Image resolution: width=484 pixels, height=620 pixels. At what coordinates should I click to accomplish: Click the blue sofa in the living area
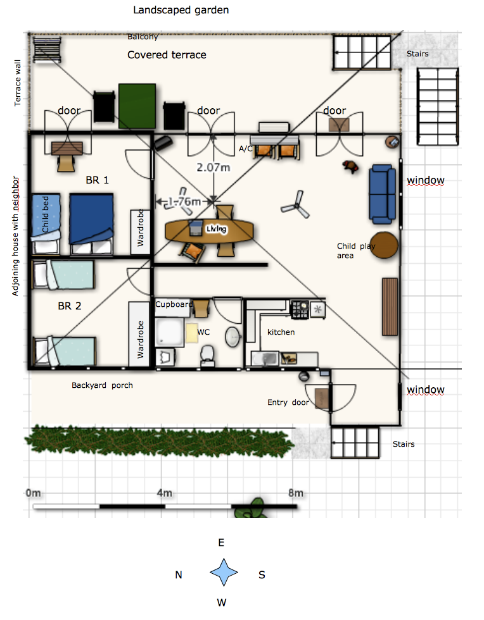[x=382, y=194]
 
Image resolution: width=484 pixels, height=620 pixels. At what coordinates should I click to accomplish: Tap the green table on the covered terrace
[x=137, y=106]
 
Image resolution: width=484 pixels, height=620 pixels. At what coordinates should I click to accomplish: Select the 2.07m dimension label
[x=213, y=168]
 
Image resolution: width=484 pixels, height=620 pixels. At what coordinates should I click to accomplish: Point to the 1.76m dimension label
[x=184, y=202]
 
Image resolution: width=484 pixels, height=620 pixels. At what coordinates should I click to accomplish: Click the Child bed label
[x=45, y=214]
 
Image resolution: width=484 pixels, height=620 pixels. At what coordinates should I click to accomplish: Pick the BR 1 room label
[x=97, y=180]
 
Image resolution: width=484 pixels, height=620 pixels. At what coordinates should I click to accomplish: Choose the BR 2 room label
[x=69, y=306]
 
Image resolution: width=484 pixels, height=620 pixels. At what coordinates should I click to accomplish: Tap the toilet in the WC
[x=207, y=355]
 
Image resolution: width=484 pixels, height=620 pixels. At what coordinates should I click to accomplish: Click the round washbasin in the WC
[x=232, y=337]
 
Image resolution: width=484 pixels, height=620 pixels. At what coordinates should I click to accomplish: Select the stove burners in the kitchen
[x=300, y=309]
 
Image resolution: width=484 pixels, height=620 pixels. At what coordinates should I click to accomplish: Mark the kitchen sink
[x=265, y=358]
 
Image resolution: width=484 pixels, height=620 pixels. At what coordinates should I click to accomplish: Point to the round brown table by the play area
[x=384, y=245]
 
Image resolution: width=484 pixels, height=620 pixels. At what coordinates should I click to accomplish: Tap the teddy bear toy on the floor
[x=350, y=166]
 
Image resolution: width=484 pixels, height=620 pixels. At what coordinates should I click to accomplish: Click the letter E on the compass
[x=221, y=543]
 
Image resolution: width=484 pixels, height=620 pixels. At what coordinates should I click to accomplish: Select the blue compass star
[x=224, y=572]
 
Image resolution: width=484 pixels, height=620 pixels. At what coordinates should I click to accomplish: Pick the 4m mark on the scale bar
[x=164, y=493]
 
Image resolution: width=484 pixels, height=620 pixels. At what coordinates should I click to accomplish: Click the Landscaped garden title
[x=181, y=10]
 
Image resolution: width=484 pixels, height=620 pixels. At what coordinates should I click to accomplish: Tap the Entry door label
[x=288, y=402]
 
